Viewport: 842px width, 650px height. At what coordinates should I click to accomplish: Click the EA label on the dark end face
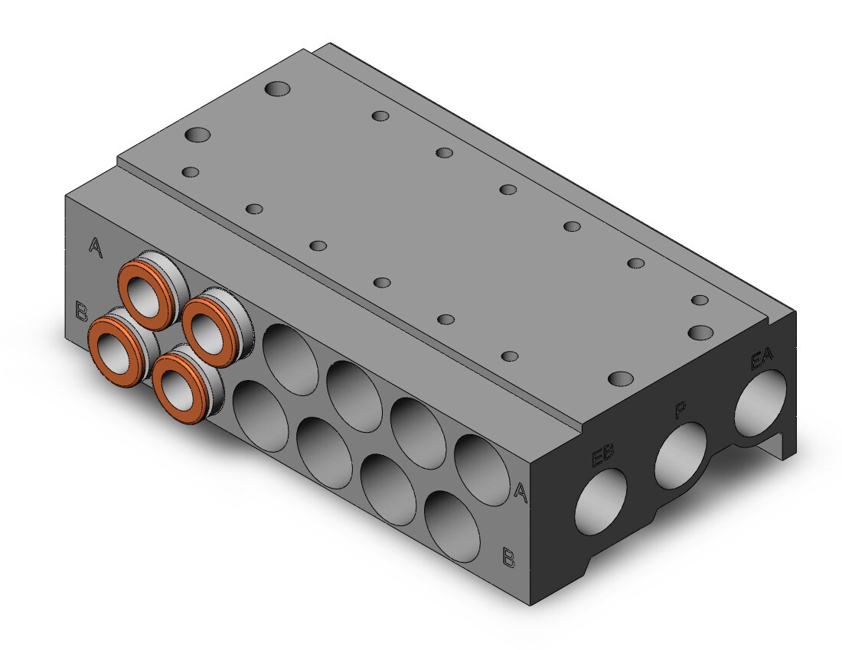pos(762,359)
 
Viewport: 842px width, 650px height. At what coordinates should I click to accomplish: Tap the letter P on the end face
pos(680,411)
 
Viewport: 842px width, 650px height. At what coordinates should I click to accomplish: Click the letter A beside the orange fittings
pos(95,247)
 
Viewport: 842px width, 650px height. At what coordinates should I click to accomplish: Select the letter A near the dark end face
pos(520,491)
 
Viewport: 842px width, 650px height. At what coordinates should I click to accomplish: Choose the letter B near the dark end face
pos(508,557)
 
